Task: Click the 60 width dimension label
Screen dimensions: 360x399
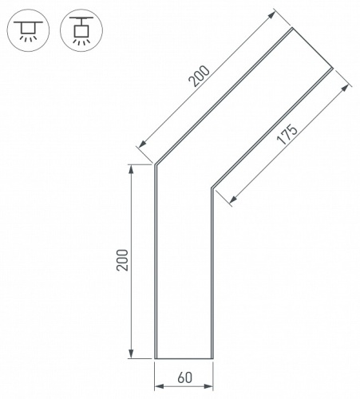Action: (184, 377)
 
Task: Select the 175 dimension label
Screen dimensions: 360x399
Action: (287, 134)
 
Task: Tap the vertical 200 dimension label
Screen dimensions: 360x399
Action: (122, 260)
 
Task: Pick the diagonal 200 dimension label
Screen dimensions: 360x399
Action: (199, 76)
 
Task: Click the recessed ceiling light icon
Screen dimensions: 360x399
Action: (28, 30)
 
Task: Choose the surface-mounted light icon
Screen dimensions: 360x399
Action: (81, 30)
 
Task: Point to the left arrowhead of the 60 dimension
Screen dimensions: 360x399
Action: (159, 386)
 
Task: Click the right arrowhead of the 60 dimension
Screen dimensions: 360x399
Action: (209, 386)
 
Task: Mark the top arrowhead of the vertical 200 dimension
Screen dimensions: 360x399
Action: (131, 169)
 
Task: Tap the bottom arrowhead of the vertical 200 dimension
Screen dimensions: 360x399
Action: (131, 354)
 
